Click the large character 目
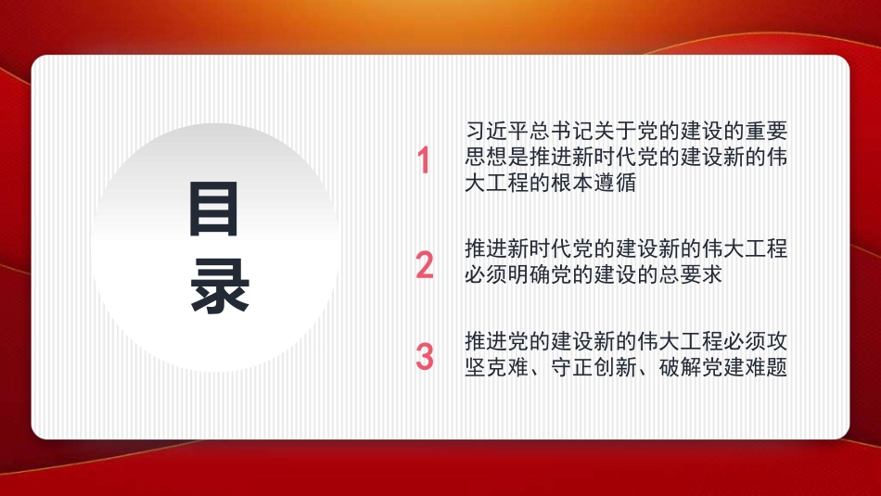(x=214, y=209)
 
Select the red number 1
(x=424, y=161)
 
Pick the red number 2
(x=425, y=264)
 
